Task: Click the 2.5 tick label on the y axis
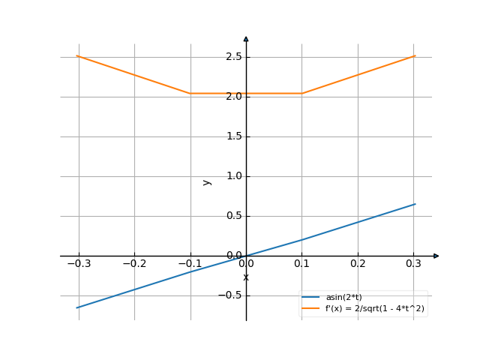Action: (232, 56)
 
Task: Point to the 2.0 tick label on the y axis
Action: (232, 96)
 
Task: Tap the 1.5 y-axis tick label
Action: (232, 136)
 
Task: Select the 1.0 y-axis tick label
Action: (232, 176)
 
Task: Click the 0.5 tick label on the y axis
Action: (232, 216)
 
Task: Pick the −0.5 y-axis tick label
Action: (229, 295)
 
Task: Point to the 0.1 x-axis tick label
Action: (302, 263)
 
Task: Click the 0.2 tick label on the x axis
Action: (358, 263)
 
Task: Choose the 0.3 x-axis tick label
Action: (414, 263)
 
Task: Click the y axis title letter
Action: (207, 181)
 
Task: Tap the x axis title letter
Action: (246, 277)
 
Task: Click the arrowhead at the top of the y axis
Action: (246, 37)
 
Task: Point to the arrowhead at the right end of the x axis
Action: (436, 256)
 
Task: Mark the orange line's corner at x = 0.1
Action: (302, 93)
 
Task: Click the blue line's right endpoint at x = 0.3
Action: (415, 204)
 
